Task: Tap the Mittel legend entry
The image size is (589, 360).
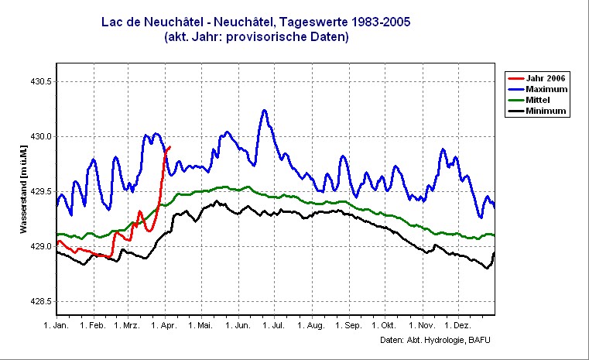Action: pyautogui.click(x=541, y=100)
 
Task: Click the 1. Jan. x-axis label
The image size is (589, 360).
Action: pyautogui.click(x=57, y=326)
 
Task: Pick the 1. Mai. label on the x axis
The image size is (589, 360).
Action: pyautogui.click(x=200, y=326)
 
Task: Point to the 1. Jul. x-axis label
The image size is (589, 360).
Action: pyautogui.click(x=272, y=326)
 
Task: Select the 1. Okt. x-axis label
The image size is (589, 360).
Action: pyautogui.click(x=382, y=326)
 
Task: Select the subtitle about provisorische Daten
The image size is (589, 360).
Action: pyautogui.click(x=256, y=36)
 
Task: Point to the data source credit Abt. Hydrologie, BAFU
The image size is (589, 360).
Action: pyautogui.click(x=436, y=341)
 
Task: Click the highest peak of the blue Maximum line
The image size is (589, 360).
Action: pyautogui.click(x=264, y=110)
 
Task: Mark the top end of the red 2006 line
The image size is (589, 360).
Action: pyautogui.click(x=170, y=146)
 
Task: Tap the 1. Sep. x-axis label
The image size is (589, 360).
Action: pyautogui.click(x=346, y=326)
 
